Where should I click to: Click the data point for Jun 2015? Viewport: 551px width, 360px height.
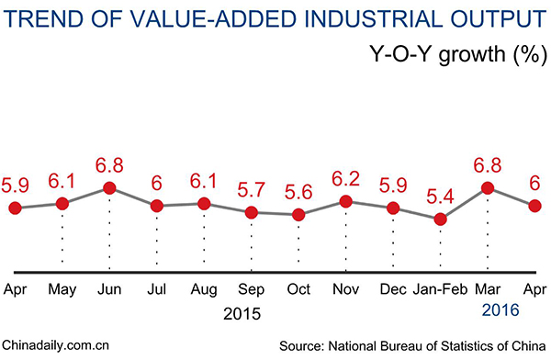click(x=109, y=187)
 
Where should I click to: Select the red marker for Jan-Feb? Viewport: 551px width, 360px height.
click(x=441, y=219)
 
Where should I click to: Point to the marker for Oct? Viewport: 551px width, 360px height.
click(x=298, y=215)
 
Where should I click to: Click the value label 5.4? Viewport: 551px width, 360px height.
click(x=441, y=196)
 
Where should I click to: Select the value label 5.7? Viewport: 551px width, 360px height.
click(x=250, y=188)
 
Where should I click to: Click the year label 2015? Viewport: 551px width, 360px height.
click(x=242, y=312)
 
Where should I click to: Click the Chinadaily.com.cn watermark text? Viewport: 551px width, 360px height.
click(x=57, y=346)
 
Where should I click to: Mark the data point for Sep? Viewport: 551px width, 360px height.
click(x=251, y=212)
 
